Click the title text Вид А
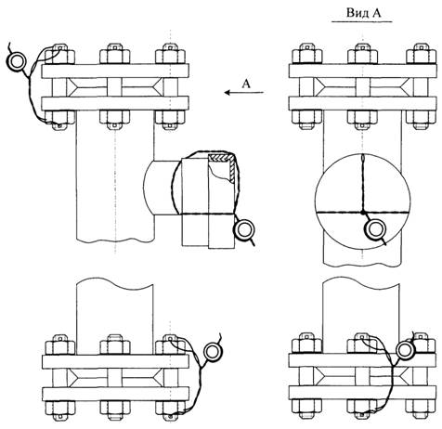[363, 13]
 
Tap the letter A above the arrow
[246, 83]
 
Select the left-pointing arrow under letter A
[244, 92]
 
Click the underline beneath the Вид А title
[362, 21]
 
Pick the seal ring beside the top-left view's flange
[16, 61]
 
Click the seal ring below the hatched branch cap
[245, 229]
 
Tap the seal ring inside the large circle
[376, 228]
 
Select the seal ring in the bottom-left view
[213, 351]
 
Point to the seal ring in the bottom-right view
[406, 350]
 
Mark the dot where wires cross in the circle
[362, 213]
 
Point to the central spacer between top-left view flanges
[114, 87]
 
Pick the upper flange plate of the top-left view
[115, 71]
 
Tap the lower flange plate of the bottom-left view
[115, 394]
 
